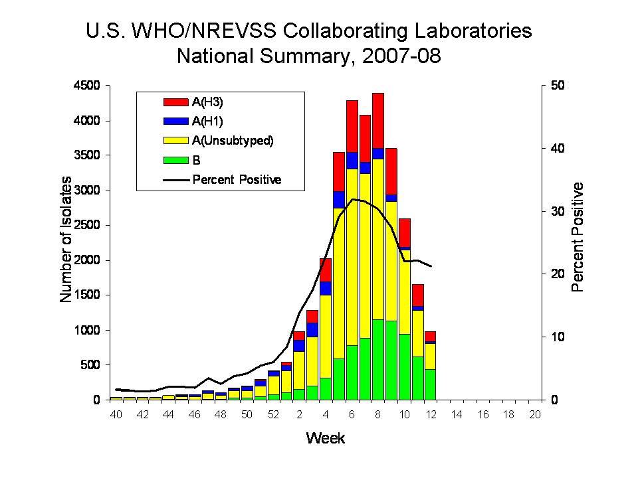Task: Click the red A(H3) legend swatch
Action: [176, 102]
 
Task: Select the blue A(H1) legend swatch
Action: [176, 121]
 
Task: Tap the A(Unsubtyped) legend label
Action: [233, 141]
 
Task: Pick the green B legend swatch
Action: [176, 160]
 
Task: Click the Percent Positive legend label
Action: [237, 179]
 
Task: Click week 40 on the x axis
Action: [116, 414]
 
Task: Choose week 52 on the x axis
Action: [273, 414]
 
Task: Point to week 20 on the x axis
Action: [535, 414]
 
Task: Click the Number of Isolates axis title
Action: [66, 243]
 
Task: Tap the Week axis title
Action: [325, 438]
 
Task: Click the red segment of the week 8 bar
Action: [378, 120]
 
